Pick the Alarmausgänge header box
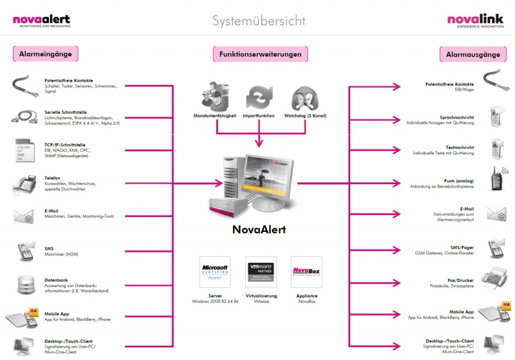468,55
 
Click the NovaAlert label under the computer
258,229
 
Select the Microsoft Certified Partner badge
215,271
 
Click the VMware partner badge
261,271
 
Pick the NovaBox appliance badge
306,271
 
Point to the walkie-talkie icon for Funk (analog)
494,180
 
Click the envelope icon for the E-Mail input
24,216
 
